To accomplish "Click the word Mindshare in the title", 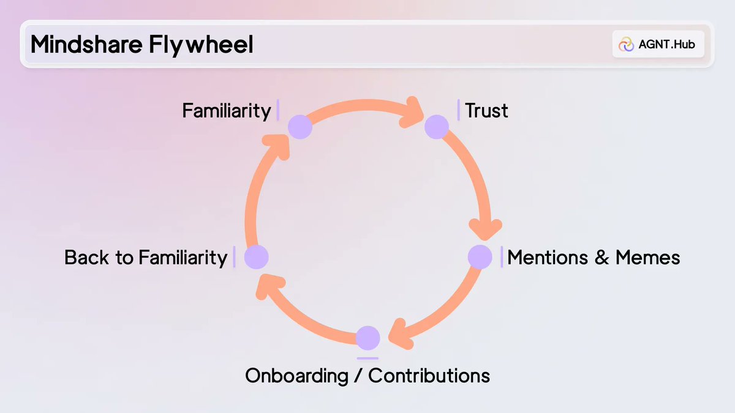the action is [86, 44].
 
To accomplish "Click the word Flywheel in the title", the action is [201, 45].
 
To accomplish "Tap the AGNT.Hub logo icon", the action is [626, 44].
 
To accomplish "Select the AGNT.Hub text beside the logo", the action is [667, 44].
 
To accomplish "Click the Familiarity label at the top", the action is [227, 111].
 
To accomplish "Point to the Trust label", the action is [486, 111].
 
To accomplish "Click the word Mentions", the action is [548, 258].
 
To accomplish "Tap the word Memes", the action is [648, 258].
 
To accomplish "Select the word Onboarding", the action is [296, 376].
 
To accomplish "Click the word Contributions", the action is [429, 376].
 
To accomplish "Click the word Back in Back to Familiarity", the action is [86, 258].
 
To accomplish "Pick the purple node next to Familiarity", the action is [300, 127].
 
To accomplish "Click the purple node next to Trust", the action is [436, 127].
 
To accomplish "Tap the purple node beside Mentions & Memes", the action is [480, 257].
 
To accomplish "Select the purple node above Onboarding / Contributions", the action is [368, 338].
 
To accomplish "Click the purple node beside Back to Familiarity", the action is [256, 257].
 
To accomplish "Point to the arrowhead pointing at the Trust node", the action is [412, 112].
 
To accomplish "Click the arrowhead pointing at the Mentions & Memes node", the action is [485, 230].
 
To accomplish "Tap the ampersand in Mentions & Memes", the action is [601, 258].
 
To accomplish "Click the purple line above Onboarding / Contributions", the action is [367, 359].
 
